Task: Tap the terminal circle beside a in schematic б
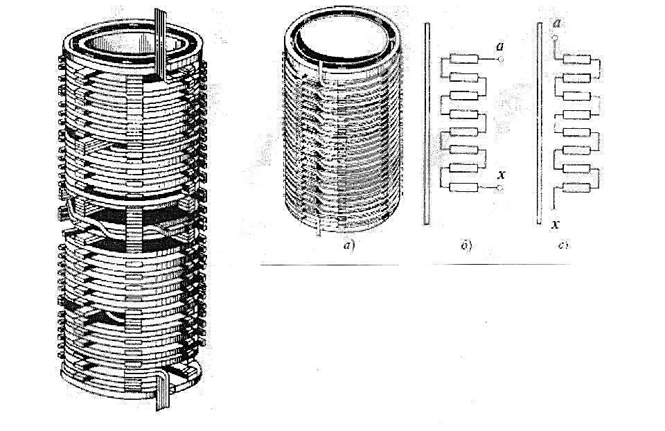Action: [x=501, y=60]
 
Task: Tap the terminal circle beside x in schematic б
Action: [x=500, y=188]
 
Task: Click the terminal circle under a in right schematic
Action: [x=556, y=39]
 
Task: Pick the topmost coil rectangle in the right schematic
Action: [x=576, y=60]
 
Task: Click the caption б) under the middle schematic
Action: [x=466, y=245]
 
